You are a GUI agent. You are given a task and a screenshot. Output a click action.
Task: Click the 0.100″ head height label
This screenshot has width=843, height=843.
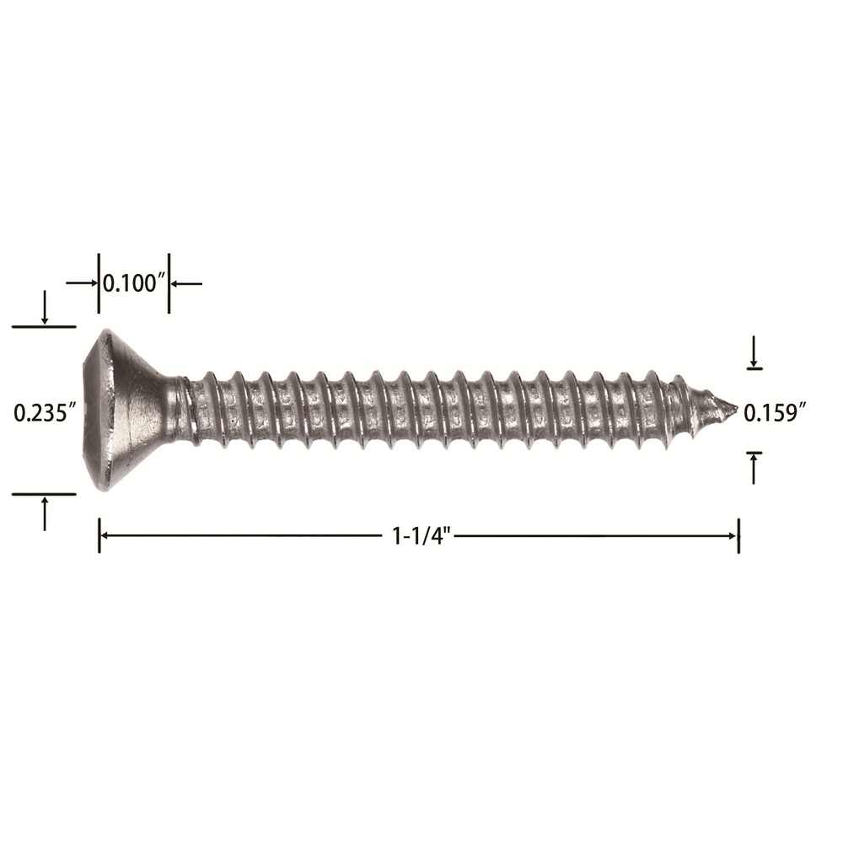tap(133, 283)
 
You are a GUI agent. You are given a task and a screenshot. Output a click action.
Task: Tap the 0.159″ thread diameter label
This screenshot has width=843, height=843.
tap(776, 413)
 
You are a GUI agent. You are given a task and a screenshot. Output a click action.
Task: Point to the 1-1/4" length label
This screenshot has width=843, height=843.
tap(421, 536)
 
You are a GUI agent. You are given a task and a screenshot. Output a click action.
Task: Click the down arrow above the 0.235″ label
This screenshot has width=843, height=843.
tap(45, 308)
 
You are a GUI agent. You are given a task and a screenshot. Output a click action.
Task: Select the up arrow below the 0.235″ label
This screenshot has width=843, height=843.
tap(45, 513)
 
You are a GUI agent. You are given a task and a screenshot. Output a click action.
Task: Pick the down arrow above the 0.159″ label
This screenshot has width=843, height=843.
tap(754, 351)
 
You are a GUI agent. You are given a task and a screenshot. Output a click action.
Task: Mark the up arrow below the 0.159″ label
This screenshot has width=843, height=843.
tap(754, 469)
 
